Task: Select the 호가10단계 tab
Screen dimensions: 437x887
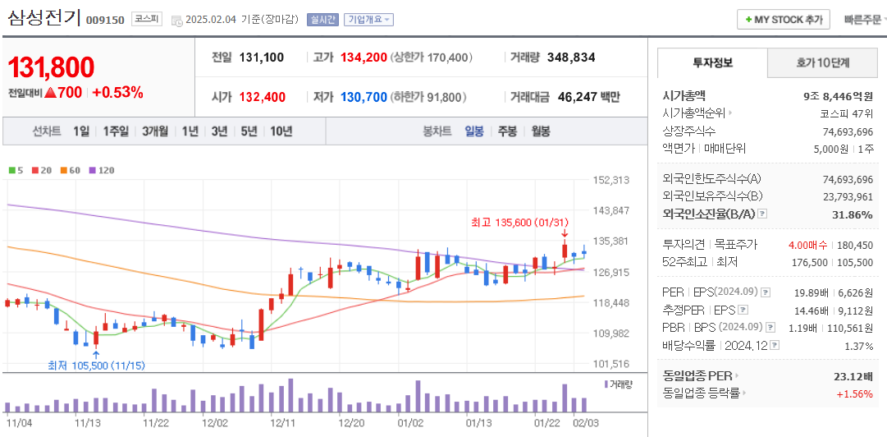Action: pos(823,62)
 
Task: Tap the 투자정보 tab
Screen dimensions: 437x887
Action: pos(712,62)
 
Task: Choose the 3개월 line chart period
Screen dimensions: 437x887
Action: pos(154,131)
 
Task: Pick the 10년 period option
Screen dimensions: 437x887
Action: pos(281,131)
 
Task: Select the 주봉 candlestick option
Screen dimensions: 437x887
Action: pos(507,131)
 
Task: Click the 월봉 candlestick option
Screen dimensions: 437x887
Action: pos(539,131)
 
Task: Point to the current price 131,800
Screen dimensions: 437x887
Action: pos(51,68)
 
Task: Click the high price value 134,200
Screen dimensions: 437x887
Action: pos(363,57)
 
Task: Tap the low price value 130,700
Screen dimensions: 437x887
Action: pos(363,97)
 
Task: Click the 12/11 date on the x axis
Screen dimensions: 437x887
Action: pos(282,422)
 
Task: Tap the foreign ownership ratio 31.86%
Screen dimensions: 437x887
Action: pos(853,214)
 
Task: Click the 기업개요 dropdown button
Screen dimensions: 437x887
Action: pos(368,20)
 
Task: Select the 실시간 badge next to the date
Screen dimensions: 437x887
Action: pos(322,20)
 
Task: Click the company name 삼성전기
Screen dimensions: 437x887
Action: pos(43,17)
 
